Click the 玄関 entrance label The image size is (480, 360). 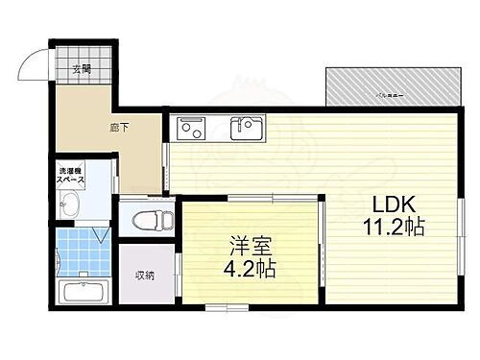click(81, 68)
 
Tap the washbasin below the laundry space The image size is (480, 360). click(70, 205)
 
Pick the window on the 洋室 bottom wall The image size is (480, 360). click(221, 308)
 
